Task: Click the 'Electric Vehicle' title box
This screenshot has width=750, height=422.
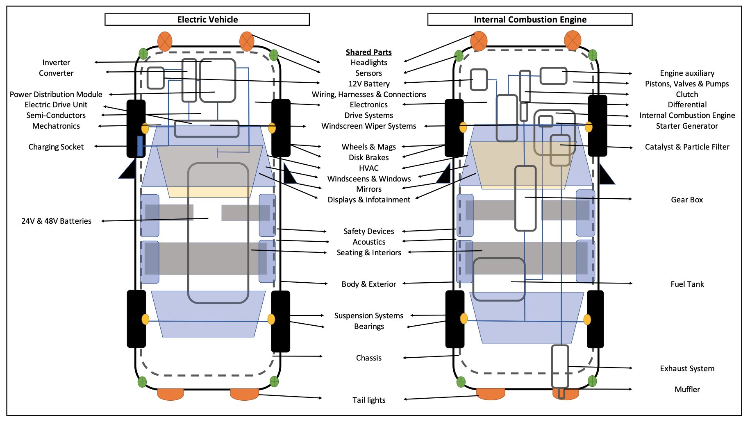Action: [207, 19]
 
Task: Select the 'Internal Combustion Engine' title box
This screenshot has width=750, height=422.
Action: [530, 19]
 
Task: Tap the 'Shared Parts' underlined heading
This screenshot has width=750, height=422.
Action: [368, 52]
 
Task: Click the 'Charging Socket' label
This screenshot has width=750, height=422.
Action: [56, 147]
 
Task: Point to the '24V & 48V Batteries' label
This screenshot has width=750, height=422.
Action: [56, 221]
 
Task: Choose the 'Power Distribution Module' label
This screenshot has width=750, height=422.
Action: [56, 94]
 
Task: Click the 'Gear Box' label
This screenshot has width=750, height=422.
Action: [686, 200]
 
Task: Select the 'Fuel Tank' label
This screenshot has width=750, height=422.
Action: [687, 284]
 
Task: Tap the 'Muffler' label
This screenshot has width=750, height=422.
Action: [687, 389]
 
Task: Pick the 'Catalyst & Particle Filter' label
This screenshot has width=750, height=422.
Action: [687, 147]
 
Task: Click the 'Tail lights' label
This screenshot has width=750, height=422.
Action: [369, 400]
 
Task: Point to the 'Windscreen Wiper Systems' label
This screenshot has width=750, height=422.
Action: [368, 126]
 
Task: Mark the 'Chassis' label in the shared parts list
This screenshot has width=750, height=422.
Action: [368, 358]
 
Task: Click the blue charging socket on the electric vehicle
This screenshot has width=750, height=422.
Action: [140, 146]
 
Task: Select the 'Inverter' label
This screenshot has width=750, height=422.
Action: [56, 62]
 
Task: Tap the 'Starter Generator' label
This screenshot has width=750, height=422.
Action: [686, 126]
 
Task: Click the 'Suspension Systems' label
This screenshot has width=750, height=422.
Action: [368, 315]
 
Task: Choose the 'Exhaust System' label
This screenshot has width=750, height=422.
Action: [687, 368]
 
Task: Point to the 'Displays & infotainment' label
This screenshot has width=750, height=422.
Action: [368, 200]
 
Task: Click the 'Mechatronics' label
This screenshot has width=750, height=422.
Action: [56, 126]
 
